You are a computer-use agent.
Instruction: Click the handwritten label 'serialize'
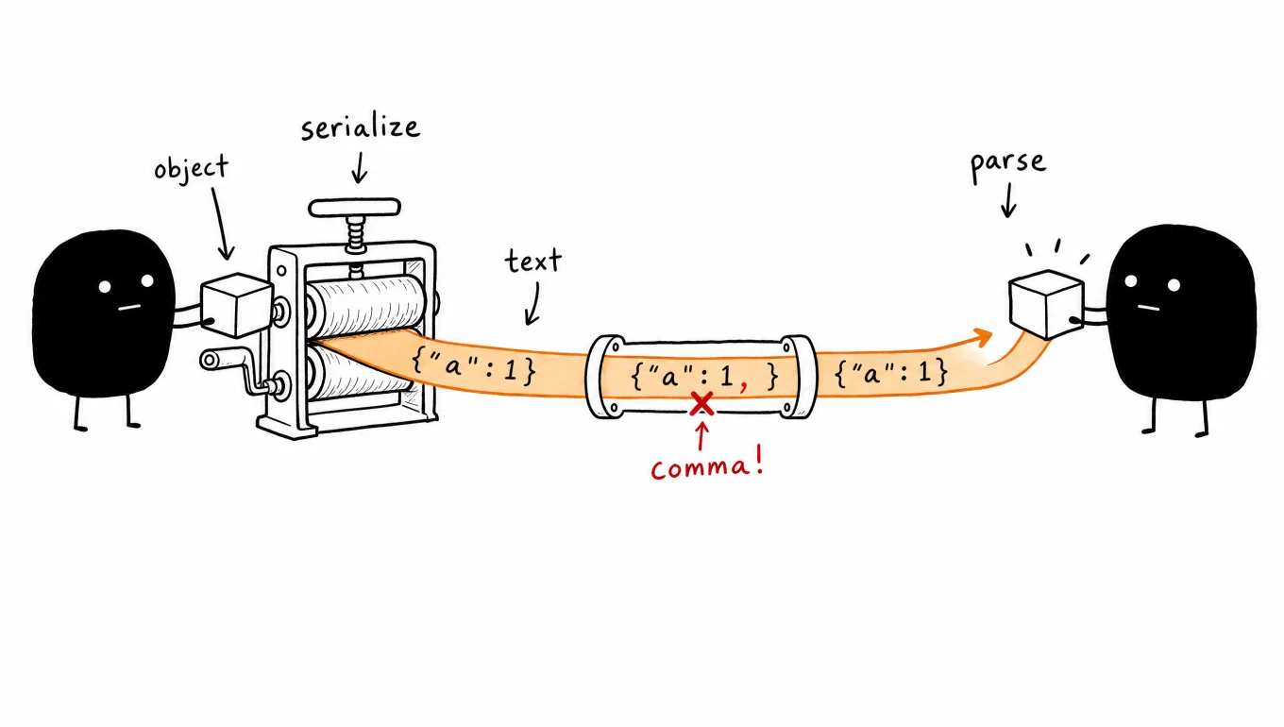click(361, 127)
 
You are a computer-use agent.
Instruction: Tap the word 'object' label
click(192, 169)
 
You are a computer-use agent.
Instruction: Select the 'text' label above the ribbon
click(533, 261)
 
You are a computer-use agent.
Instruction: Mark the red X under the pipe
click(701, 404)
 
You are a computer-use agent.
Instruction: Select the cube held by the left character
click(236, 305)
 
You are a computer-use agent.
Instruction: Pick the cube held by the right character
click(1046, 304)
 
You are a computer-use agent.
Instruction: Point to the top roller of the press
click(365, 305)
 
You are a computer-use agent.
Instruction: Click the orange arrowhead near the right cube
click(983, 337)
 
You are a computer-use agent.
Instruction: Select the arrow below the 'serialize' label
click(360, 167)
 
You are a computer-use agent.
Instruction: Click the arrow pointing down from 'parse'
click(1008, 200)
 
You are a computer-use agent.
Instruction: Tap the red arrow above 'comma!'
click(701, 436)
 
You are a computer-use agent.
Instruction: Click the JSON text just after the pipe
click(891, 373)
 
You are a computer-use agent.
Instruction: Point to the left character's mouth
click(129, 308)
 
